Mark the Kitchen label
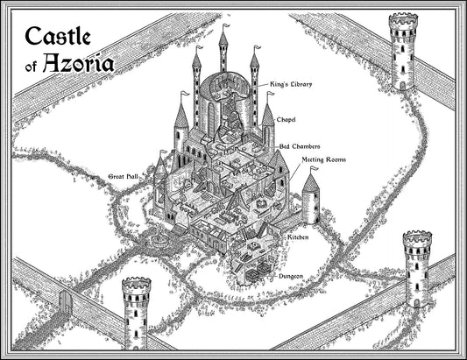[296, 238]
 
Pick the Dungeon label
[291, 277]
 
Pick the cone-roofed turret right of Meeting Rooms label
[310, 196]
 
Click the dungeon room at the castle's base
[250, 268]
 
